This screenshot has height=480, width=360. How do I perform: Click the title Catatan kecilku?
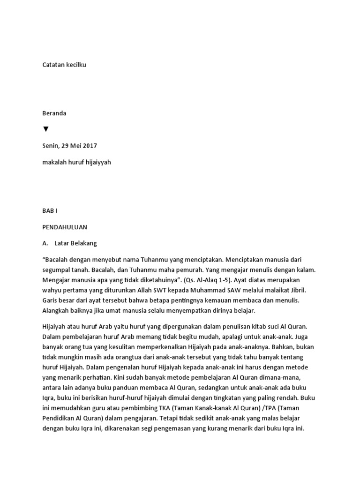pos(64,65)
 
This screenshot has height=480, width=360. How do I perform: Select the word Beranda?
pos(54,113)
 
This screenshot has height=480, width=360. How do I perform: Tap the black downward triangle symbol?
pos(46,129)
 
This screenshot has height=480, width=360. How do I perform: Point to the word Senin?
pos(52,146)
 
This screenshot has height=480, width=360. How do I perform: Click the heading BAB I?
pos(50,211)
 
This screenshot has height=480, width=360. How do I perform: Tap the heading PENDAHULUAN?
pos(65,227)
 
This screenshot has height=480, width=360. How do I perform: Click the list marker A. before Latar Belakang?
pos(45,244)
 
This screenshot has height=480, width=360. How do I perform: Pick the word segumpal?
pos(57,270)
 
